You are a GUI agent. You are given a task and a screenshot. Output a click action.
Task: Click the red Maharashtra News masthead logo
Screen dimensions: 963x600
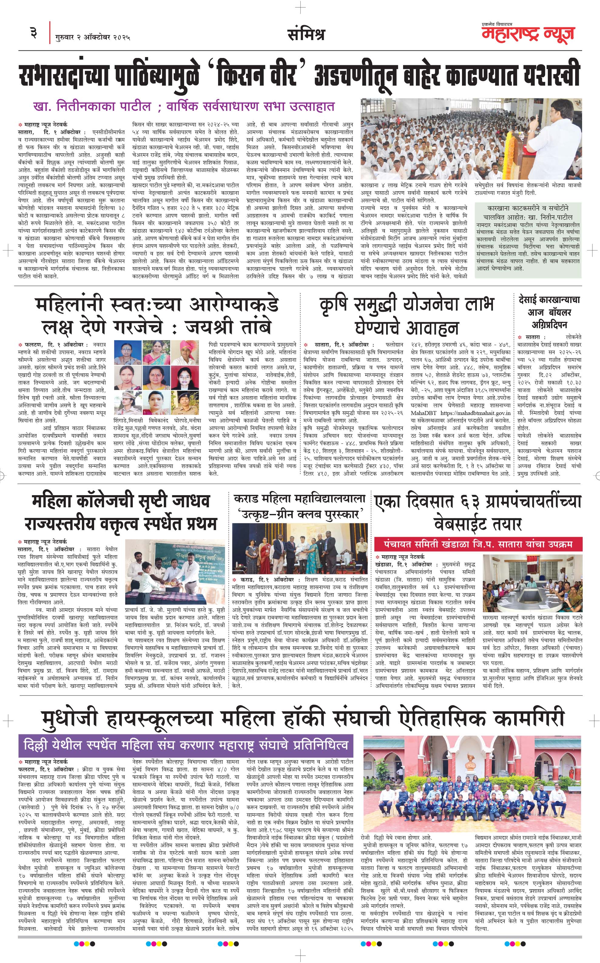(528, 34)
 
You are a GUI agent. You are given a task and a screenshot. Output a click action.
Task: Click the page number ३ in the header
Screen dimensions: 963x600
(34, 32)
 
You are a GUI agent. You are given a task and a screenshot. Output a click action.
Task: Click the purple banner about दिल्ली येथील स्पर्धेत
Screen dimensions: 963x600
(186, 745)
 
